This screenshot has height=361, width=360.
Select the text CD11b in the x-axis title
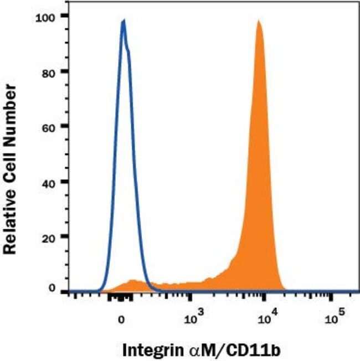224,349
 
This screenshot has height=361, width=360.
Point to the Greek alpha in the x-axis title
180,350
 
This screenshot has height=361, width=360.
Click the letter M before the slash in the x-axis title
191,349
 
